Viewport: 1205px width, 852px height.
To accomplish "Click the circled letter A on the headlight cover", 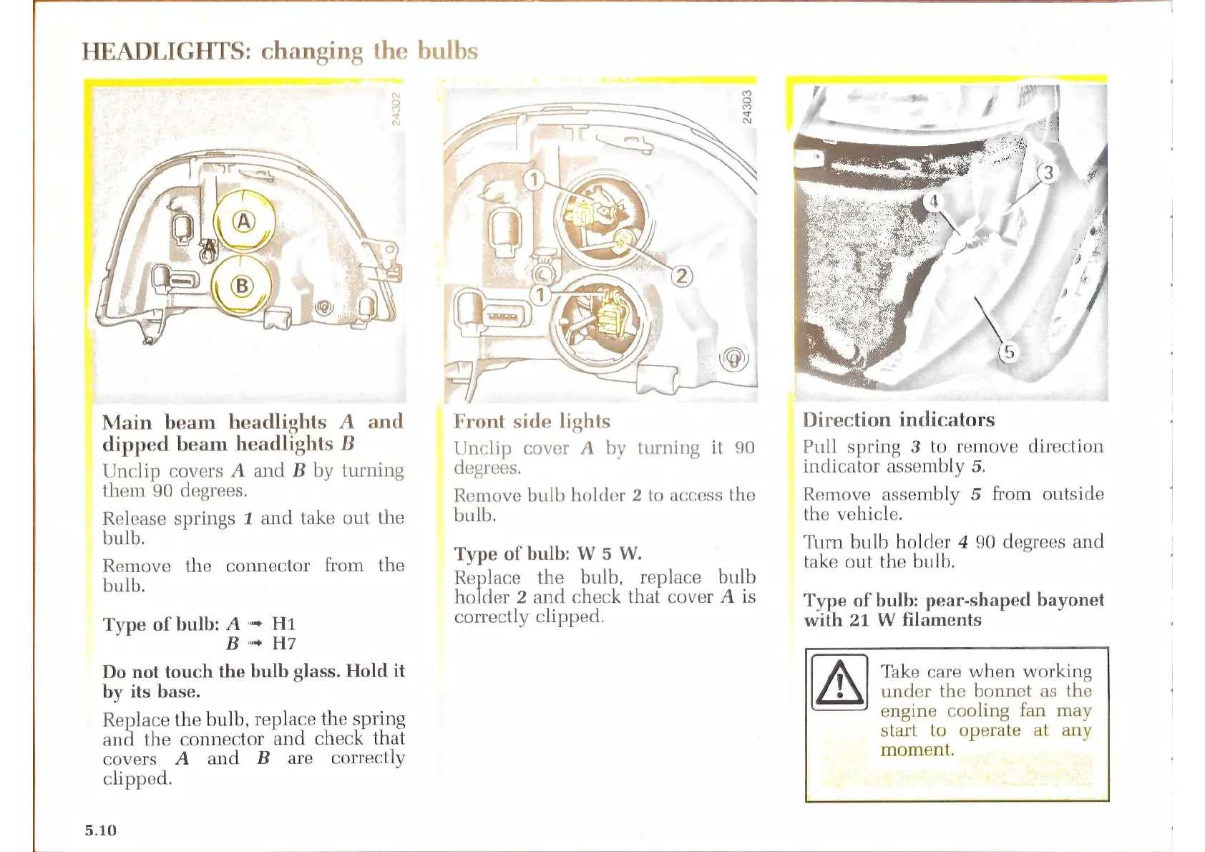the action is tap(244, 222).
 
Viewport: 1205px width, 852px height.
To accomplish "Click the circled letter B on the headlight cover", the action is tap(242, 286).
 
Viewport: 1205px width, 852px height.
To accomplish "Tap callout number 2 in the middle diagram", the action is tap(682, 276).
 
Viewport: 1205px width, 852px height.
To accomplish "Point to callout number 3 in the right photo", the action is tap(1048, 173).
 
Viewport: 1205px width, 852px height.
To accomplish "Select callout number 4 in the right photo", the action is tap(933, 202).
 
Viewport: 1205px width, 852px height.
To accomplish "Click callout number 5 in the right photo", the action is tap(1009, 352).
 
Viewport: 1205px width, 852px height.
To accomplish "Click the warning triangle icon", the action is tap(839, 682).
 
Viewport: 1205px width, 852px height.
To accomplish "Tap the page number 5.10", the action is tap(100, 830).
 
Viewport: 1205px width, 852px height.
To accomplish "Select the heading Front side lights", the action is tap(532, 421).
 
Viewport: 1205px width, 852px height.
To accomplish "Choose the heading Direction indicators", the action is tap(898, 420).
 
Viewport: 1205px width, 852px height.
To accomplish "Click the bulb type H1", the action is tap(283, 624).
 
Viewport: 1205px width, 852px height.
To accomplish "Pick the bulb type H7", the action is tap(284, 643).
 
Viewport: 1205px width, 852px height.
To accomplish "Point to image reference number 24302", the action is tap(396, 107).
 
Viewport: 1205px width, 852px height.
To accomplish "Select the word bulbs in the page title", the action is tap(447, 52).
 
